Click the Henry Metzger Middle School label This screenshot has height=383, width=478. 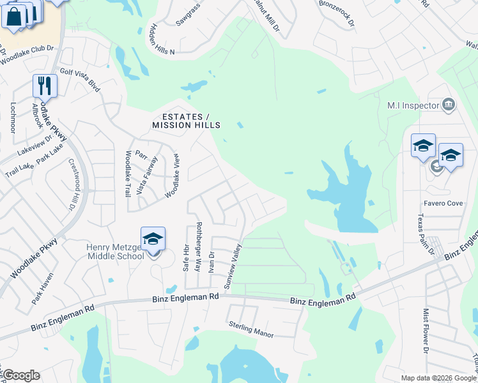(116, 252)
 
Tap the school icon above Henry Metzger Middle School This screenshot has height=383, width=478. (153, 239)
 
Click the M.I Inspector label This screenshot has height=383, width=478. (413, 105)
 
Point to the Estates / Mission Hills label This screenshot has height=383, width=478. (186, 121)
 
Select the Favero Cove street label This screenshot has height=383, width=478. (443, 204)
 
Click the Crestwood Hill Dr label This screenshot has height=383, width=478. (72, 186)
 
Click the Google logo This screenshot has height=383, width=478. (20, 375)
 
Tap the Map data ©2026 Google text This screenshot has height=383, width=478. (438, 378)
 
